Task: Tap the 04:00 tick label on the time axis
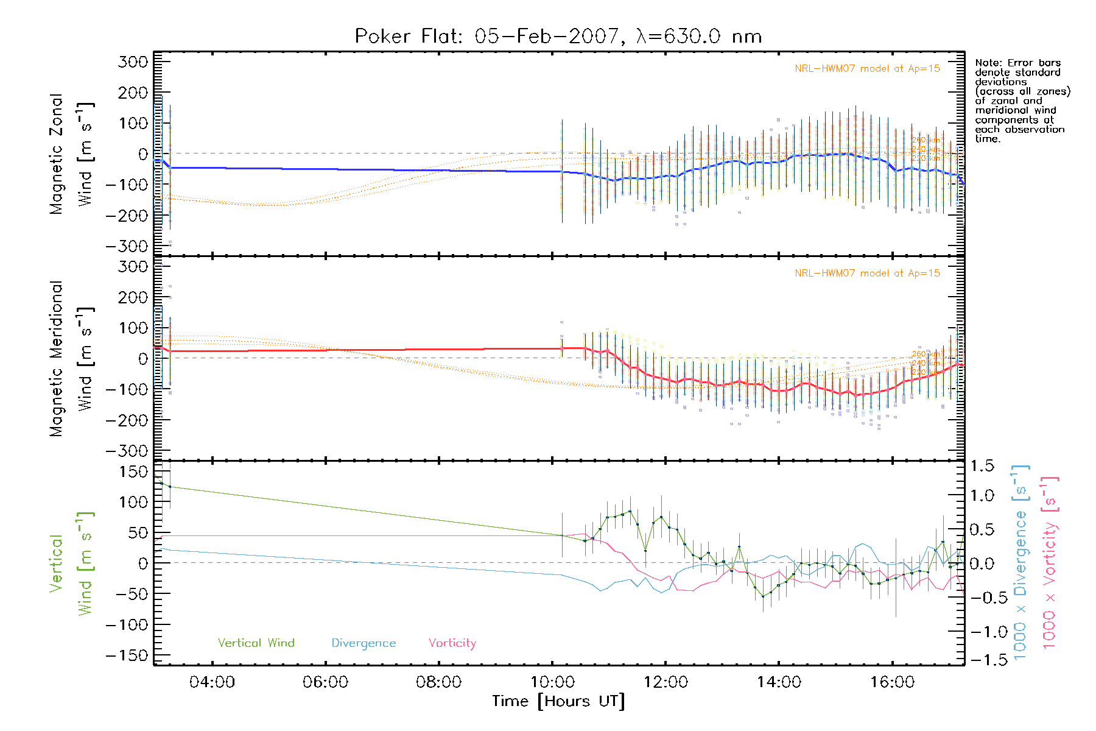click(x=212, y=682)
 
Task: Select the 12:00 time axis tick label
click(x=666, y=682)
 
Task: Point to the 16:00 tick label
click(x=892, y=682)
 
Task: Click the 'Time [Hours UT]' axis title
click(x=558, y=702)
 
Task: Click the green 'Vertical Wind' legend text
click(x=256, y=643)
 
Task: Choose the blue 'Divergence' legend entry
click(x=364, y=643)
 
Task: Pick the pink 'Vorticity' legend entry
click(x=452, y=643)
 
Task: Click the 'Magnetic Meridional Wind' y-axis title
click(x=71, y=359)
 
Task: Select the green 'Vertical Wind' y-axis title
click(x=71, y=563)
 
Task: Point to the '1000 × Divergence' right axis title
click(x=1020, y=563)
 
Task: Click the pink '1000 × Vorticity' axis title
click(x=1050, y=563)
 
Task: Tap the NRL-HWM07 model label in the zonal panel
click(x=867, y=69)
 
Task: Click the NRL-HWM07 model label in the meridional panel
click(x=867, y=274)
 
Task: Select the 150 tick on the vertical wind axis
click(x=134, y=471)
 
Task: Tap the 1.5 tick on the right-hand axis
click(x=982, y=466)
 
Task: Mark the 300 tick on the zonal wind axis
click(x=133, y=62)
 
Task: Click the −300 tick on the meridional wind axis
click(x=127, y=451)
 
